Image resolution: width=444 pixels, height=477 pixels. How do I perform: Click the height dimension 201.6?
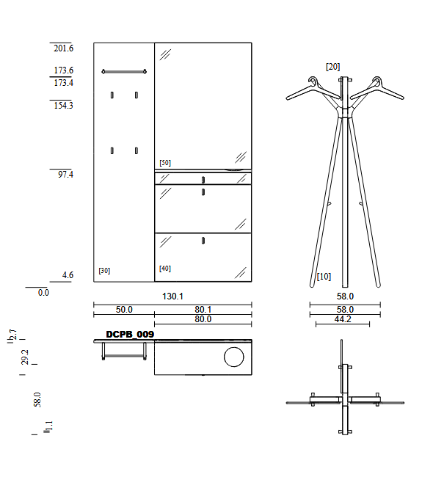[64, 48]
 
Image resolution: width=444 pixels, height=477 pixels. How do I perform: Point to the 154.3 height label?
[64, 106]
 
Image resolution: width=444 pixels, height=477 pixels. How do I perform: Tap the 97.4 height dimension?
[66, 175]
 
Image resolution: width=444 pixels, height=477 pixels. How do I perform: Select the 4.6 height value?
[68, 275]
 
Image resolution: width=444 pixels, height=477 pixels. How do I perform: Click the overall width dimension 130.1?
[172, 296]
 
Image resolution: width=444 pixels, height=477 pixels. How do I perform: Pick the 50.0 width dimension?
[124, 310]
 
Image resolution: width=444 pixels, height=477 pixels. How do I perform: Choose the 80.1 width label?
[203, 310]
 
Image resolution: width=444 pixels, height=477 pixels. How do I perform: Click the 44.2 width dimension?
[343, 319]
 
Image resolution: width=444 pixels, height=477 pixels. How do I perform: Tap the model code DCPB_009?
[130, 335]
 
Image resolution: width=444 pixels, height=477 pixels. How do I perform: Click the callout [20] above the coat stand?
[333, 67]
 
